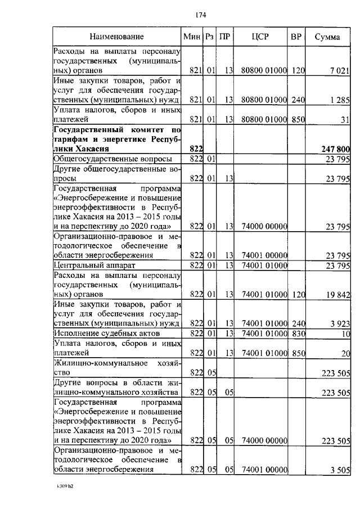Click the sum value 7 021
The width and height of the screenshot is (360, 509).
(340, 71)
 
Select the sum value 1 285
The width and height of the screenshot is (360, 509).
(340, 100)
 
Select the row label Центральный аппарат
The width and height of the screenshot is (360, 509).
(95, 265)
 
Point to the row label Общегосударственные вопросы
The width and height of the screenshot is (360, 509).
(112, 160)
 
